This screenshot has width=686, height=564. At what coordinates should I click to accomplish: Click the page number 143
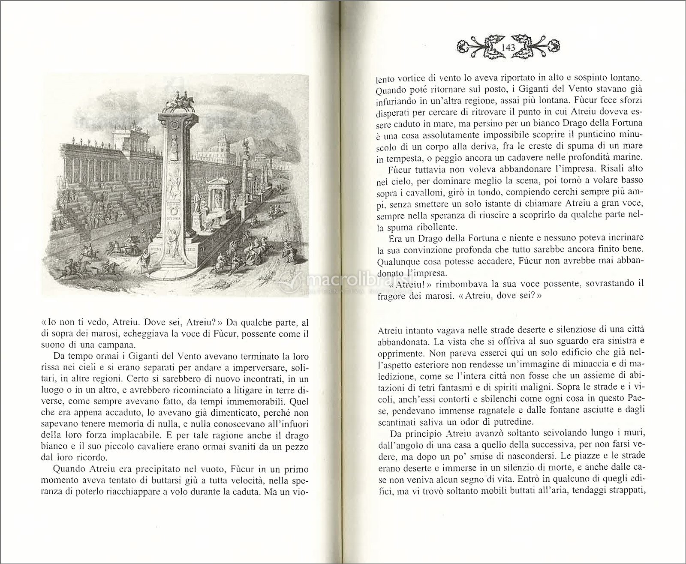click(508, 47)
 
